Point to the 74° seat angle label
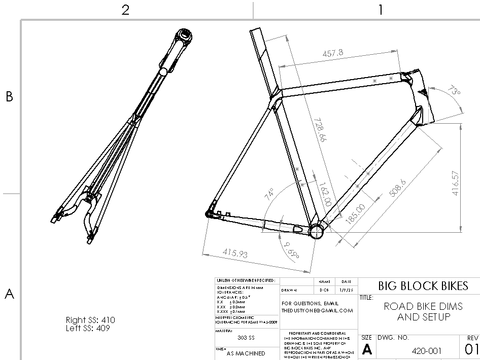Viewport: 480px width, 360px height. click(269, 195)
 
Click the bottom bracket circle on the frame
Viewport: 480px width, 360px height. click(317, 231)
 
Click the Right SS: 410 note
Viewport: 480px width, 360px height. click(90, 320)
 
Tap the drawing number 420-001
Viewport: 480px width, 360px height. click(427, 350)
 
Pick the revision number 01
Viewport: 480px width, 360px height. click(471, 349)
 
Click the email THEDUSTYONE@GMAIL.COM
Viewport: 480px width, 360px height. click(318, 311)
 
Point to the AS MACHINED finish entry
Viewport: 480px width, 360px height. click(246, 353)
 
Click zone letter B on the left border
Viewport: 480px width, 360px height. click(9, 97)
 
